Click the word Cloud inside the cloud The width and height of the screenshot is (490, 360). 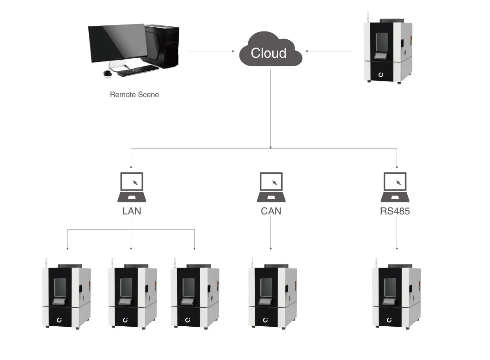click(269, 53)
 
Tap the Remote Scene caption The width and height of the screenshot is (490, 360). click(134, 95)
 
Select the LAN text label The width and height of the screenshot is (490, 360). click(131, 211)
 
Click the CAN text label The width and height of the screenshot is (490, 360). click(270, 211)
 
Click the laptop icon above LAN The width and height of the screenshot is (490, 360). click(132, 187)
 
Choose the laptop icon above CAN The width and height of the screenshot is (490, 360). click(271, 187)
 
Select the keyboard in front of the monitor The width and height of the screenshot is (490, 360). click(136, 70)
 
